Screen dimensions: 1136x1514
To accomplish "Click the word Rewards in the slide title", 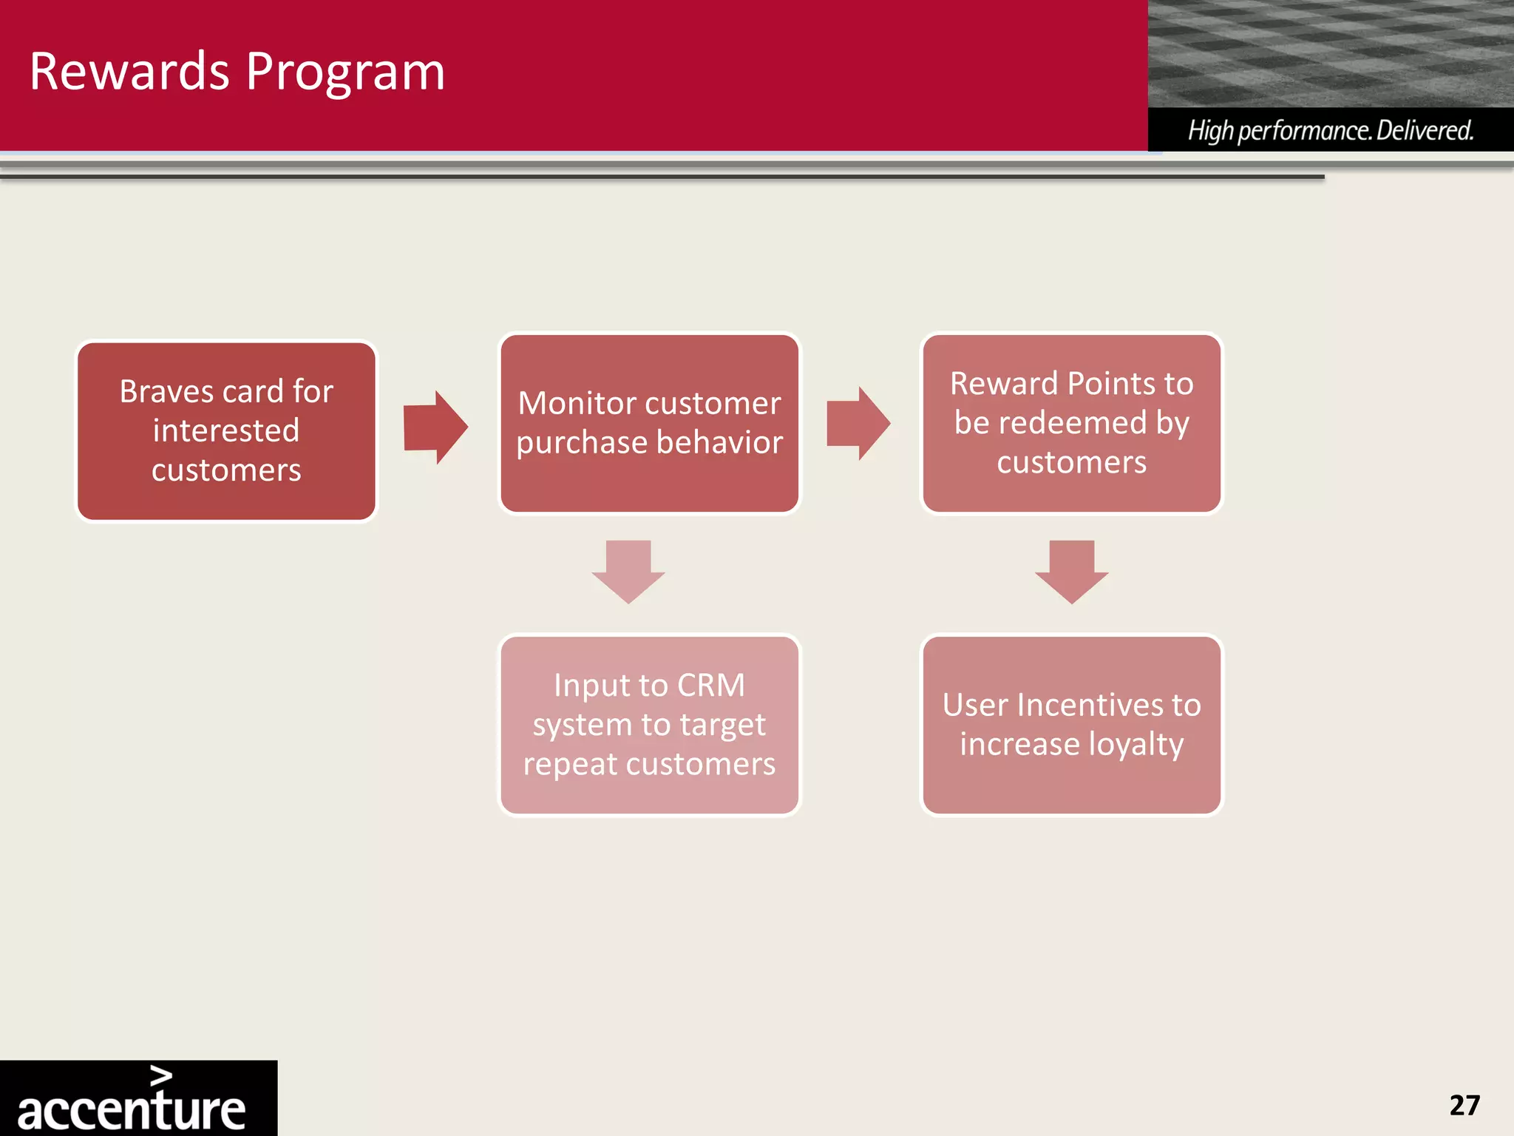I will pyautogui.click(x=129, y=72).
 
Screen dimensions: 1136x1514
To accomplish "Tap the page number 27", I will pyautogui.click(x=1464, y=1105).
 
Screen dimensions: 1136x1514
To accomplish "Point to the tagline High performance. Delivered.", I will pyautogui.click(x=1330, y=130).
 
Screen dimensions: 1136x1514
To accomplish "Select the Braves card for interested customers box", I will pyautogui.click(x=226, y=430).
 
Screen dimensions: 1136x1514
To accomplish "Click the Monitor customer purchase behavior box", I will pyautogui.click(x=649, y=423).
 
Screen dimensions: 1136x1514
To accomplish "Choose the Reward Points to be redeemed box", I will pyautogui.click(x=1071, y=423).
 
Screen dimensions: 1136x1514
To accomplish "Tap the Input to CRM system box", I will pyautogui.click(x=649, y=725).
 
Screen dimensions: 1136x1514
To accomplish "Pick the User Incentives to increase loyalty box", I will pyautogui.click(x=1071, y=725).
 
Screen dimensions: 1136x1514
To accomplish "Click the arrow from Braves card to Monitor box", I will pyautogui.click(x=435, y=427).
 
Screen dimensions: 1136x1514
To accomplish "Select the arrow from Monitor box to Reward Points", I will pyautogui.click(x=858, y=423).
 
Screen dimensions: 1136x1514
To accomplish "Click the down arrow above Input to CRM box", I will pyautogui.click(x=628, y=572).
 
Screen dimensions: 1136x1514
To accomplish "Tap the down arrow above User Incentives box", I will pyautogui.click(x=1071, y=572).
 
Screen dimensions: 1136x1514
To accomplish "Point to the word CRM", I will pyautogui.click(x=710, y=686).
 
